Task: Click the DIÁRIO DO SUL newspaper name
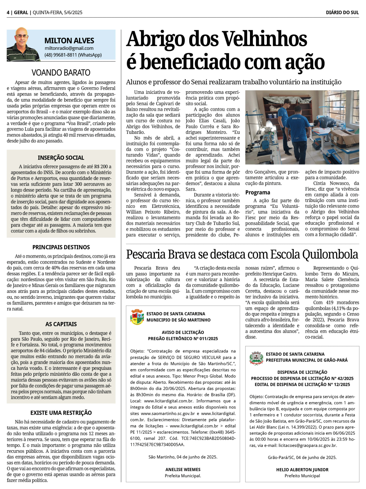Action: coord(342,12)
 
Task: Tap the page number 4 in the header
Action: coord(8,12)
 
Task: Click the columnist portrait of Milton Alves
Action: coord(23,45)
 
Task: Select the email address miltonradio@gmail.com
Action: coord(69,48)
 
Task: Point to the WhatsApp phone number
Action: coord(73,55)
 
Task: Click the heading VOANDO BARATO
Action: coord(61,73)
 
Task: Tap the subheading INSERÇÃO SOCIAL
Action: coord(61,158)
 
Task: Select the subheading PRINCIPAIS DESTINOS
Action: coord(61,247)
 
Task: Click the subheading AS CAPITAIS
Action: coord(61,324)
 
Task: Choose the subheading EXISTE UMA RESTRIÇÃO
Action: coord(61,413)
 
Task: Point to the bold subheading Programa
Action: coord(258,192)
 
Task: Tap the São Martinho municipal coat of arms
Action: coord(137,317)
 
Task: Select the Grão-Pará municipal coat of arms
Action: coord(256,357)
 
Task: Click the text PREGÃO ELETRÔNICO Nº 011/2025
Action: coord(183,339)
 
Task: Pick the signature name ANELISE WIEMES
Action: coord(183,470)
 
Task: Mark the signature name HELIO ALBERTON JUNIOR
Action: coord(302,470)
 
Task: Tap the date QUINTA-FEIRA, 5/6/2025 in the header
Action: coord(57,12)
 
